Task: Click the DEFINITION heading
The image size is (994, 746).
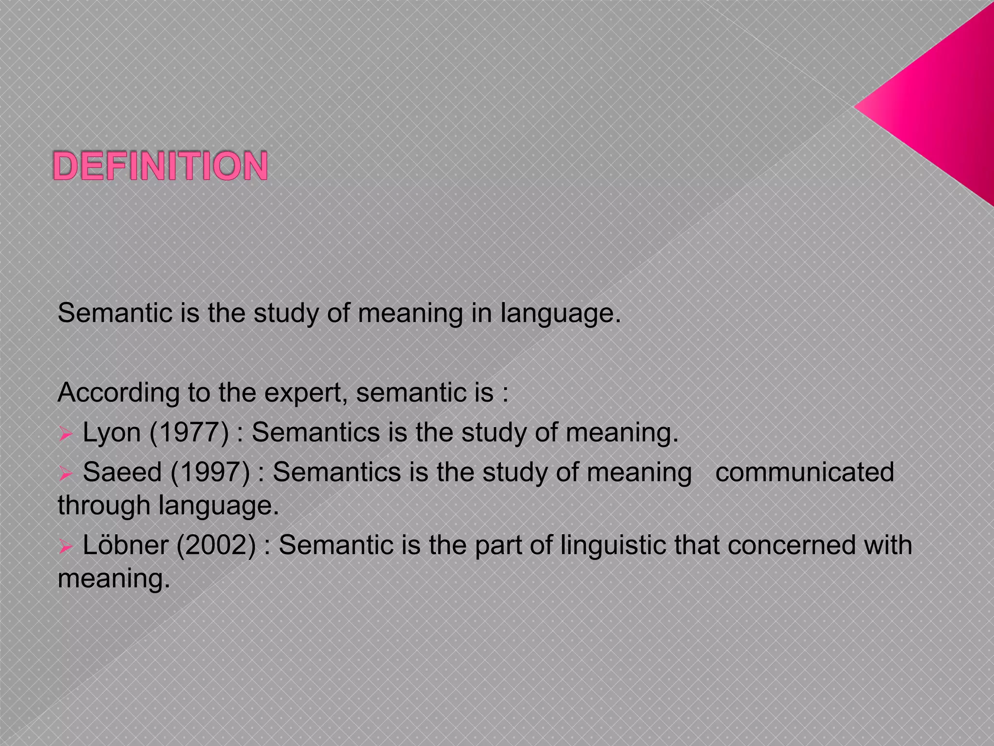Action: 160,166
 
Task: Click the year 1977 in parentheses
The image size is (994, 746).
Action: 189,432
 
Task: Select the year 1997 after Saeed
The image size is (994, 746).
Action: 210,472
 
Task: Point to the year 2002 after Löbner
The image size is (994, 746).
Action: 216,545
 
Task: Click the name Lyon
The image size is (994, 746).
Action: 112,432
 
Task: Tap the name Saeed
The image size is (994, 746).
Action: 122,472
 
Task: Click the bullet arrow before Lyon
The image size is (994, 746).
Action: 66,434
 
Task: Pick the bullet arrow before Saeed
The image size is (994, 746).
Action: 66,474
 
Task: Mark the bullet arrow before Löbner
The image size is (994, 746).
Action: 66,546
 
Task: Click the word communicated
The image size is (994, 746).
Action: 804,472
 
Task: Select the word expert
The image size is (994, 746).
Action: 305,392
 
